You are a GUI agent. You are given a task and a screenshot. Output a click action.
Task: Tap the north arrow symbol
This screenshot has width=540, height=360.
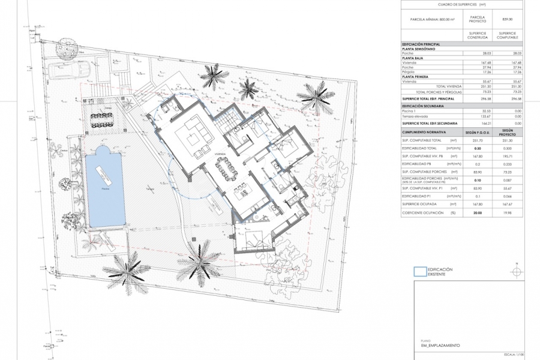coord(515,271)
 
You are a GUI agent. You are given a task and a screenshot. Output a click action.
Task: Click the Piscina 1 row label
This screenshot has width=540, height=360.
coord(410,112)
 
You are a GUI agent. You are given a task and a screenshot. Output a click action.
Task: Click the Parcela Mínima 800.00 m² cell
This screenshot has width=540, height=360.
coord(430,19)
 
